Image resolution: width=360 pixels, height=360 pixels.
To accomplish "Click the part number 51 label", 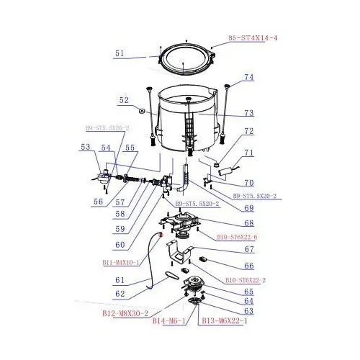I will point(120,53).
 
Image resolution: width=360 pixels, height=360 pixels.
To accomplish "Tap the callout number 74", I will point(249,77).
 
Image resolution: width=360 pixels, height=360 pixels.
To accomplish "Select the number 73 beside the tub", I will point(249,113).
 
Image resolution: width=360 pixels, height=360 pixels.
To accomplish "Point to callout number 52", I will point(124,101).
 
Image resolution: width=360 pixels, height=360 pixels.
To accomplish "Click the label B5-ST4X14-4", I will point(252,37).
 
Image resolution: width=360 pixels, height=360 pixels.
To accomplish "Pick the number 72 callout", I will point(249,132).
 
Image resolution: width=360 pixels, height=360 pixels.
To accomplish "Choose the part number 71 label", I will point(249,153).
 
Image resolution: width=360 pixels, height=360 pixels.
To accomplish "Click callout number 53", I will point(86,147).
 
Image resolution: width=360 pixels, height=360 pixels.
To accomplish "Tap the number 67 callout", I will point(249,250).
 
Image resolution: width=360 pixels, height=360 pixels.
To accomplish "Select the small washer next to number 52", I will point(140,110).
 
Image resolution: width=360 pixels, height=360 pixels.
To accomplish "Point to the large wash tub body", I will point(189,122).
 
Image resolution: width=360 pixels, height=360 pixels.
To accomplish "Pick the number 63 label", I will point(249,311).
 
